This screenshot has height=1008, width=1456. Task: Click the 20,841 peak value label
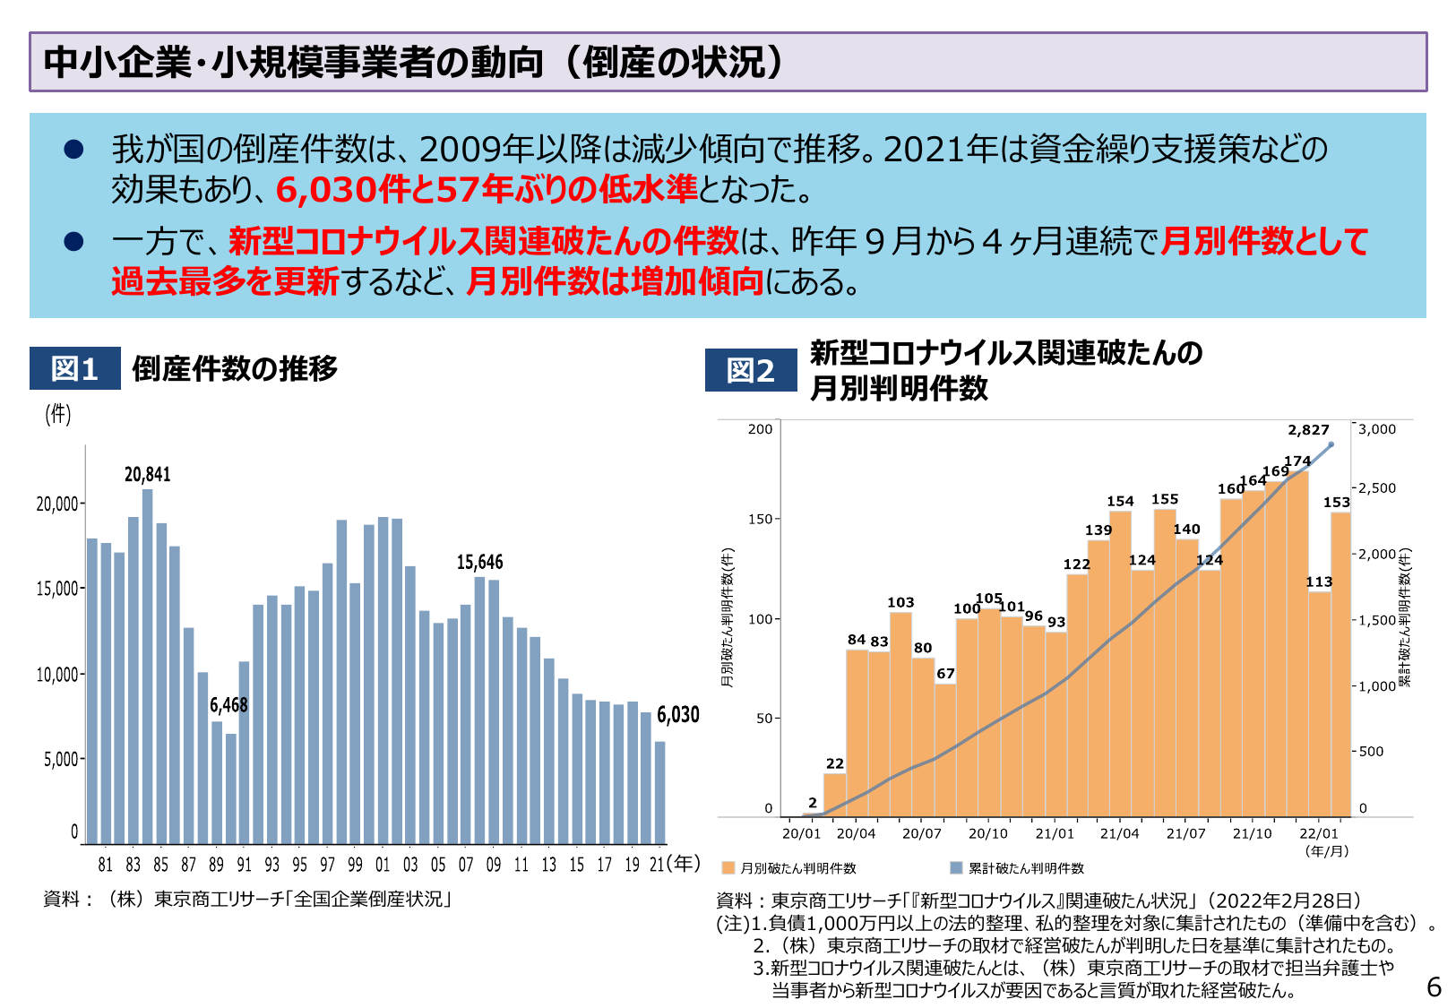(x=147, y=474)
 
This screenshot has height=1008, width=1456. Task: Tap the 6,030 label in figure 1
(x=677, y=714)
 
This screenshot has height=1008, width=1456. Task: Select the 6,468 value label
(x=228, y=705)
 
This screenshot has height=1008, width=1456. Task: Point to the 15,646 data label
(x=479, y=562)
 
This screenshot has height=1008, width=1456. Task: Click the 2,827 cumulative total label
(x=1308, y=430)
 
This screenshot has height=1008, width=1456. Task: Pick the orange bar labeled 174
(x=1297, y=645)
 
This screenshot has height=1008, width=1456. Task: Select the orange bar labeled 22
(x=834, y=795)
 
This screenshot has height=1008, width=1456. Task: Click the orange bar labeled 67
(x=945, y=751)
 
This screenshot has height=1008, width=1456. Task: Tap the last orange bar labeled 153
(x=1340, y=663)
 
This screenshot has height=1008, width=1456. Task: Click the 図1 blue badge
(x=74, y=368)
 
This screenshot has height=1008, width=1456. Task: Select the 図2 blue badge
(x=750, y=370)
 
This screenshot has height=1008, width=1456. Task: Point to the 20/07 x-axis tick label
(x=921, y=833)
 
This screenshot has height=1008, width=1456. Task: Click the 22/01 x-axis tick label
(x=1319, y=833)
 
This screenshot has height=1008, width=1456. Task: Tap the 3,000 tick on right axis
(x=1376, y=429)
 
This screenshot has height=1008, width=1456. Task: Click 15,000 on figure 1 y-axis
(x=57, y=589)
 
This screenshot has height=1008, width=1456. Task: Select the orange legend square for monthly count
(x=728, y=867)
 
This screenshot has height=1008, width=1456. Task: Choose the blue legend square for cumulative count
(x=956, y=867)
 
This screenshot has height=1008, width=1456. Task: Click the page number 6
(x=1434, y=987)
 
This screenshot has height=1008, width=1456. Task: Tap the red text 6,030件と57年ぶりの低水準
(x=486, y=189)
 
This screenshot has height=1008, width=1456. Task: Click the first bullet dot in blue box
(x=73, y=150)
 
